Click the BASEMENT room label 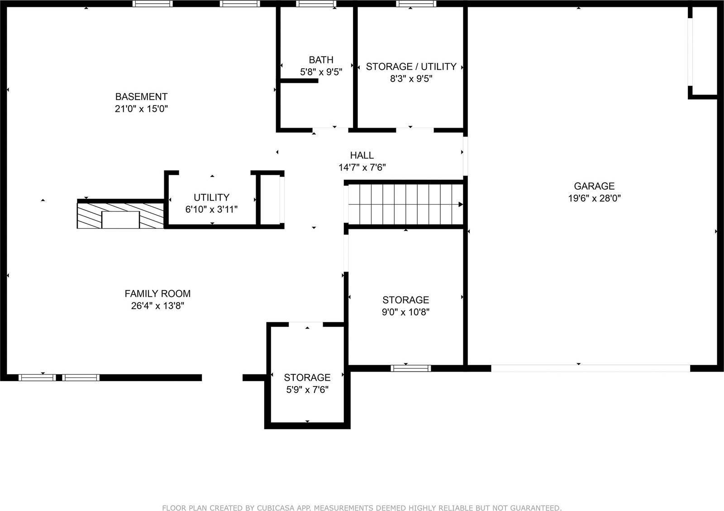pyautogui.click(x=141, y=96)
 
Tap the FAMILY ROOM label pyautogui.click(x=157, y=293)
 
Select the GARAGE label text pyautogui.click(x=594, y=186)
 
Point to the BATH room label pyautogui.click(x=321, y=60)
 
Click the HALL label pyautogui.click(x=362, y=156)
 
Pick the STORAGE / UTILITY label pyautogui.click(x=411, y=67)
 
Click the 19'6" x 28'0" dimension pyautogui.click(x=594, y=198)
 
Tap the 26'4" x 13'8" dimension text pyautogui.click(x=157, y=306)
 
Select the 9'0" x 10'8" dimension pyautogui.click(x=405, y=312)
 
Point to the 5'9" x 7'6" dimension pyautogui.click(x=307, y=390)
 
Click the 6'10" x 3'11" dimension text pyautogui.click(x=211, y=210)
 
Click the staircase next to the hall pyautogui.click(x=405, y=205)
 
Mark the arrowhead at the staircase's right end pyautogui.click(x=461, y=205)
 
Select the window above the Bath pyautogui.click(x=316, y=4)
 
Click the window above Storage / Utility pyautogui.click(x=416, y=4)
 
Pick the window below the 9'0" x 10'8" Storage pyautogui.click(x=410, y=368)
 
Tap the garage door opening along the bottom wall pyautogui.click(x=591, y=368)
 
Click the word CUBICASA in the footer pyautogui.click(x=285, y=508)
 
